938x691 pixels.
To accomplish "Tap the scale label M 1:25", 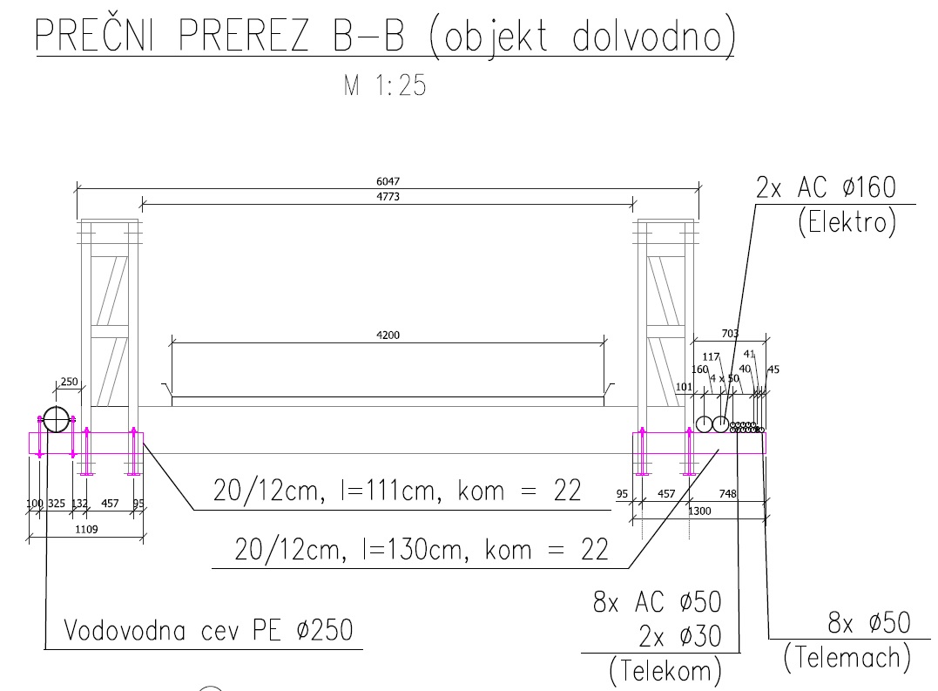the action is coord(385,85).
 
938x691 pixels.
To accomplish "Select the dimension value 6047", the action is coord(388,181).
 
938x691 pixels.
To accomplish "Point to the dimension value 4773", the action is coord(388,196).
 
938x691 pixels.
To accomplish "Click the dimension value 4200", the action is coord(388,335).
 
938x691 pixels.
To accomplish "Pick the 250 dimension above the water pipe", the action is coord(70,382).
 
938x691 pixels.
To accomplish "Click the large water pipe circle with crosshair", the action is coord(57,419).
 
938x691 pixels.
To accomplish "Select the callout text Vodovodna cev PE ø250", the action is coord(208,630).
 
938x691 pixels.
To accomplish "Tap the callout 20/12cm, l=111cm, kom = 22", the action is coord(397,491).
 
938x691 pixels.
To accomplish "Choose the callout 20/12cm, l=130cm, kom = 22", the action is coord(422,549).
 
